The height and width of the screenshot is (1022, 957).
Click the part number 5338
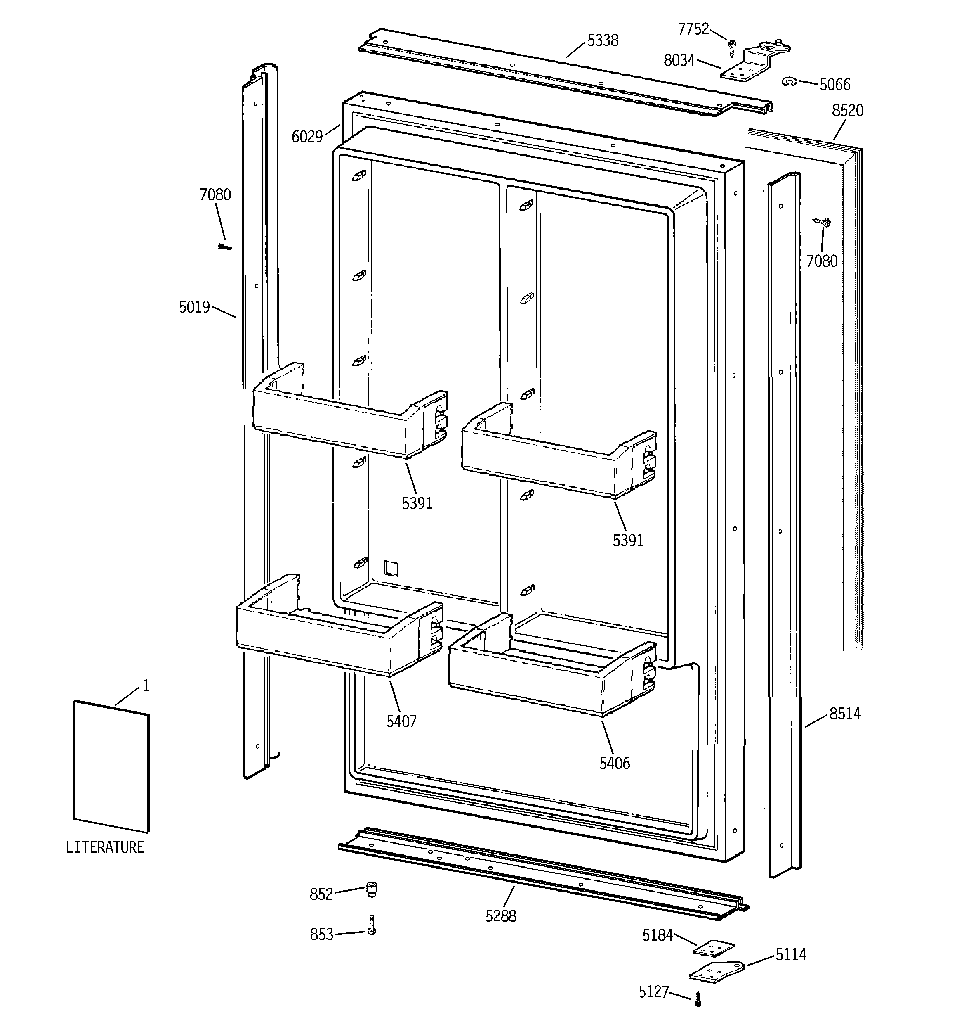[603, 40]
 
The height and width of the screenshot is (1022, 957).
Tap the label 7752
[693, 29]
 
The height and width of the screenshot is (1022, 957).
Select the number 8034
[679, 61]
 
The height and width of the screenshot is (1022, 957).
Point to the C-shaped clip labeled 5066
[789, 81]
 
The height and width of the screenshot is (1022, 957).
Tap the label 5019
[194, 307]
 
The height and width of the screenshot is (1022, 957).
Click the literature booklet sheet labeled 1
[111, 766]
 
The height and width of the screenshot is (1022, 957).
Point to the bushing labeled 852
[371, 889]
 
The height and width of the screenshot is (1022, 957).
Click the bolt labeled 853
[371, 925]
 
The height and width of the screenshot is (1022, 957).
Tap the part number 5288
[501, 915]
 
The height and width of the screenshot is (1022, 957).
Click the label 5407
[401, 721]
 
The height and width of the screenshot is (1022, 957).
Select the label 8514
[845, 714]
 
